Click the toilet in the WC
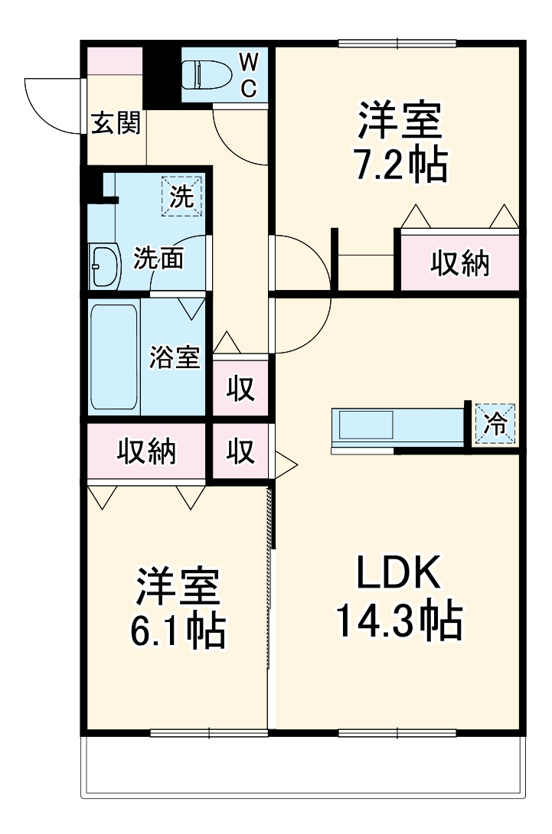(202, 74)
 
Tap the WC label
(250, 74)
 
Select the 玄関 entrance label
(116, 124)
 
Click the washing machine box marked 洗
(181, 197)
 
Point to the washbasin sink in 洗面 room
(105, 266)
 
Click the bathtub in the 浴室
(114, 357)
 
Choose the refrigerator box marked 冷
(496, 424)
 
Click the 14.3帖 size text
(398, 621)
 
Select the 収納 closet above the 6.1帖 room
(146, 451)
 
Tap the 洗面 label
(158, 259)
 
